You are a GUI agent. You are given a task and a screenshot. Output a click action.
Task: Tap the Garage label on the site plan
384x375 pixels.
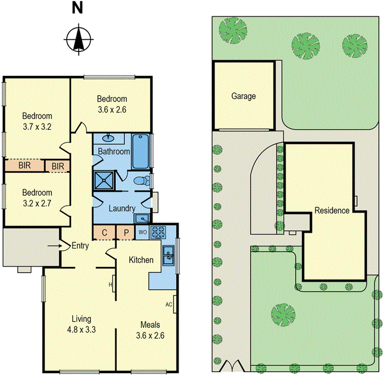[x=244, y=96]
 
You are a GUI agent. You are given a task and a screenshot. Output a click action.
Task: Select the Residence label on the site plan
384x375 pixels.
[x=332, y=210]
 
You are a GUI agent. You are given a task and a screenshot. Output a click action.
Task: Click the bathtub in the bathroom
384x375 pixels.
[x=141, y=151]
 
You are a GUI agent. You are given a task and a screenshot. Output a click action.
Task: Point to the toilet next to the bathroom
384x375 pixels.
[x=143, y=180]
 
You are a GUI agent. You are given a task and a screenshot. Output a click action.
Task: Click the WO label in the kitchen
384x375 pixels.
[x=142, y=232]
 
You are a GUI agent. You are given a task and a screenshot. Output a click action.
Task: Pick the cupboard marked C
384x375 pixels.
[x=105, y=233]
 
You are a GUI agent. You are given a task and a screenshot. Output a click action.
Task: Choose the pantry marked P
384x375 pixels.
[x=126, y=233]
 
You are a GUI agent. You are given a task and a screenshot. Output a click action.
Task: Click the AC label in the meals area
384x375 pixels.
[x=169, y=305]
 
